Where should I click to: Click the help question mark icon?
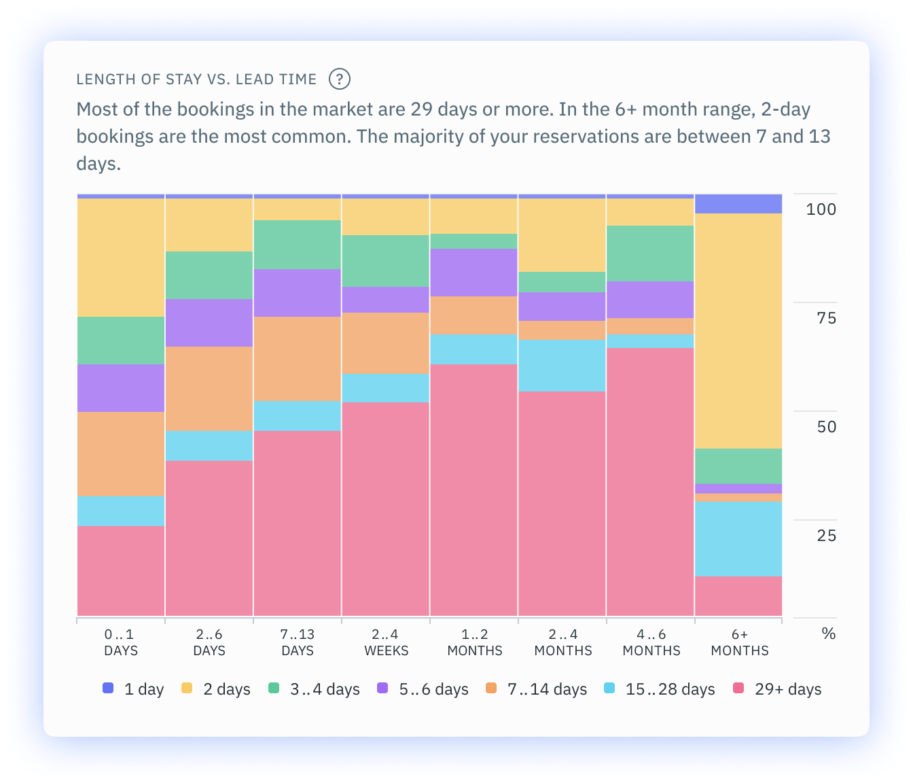click(x=339, y=79)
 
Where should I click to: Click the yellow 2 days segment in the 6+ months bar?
click(x=738, y=330)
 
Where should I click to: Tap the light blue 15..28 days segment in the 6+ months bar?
click(x=738, y=538)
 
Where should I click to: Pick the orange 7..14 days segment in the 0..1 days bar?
click(x=121, y=453)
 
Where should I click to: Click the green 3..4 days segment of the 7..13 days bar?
click(x=298, y=244)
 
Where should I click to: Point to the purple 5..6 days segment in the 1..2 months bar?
click(x=474, y=272)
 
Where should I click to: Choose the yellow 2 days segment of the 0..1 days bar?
click(x=121, y=257)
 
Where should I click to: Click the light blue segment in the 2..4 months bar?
click(x=562, y=365)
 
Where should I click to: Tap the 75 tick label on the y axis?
click(x=826, y=318)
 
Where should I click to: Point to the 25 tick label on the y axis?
click(x=826, y=536)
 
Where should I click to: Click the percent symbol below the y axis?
click(x=828, y=633)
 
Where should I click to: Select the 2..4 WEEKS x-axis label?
click(x=386, y=642)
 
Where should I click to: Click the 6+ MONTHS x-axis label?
click(x=739, y=642)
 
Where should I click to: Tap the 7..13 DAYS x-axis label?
click(x=298, y=642)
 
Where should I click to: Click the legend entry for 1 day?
click(x=134, y=689)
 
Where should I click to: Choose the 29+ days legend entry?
click(x=778, y=689)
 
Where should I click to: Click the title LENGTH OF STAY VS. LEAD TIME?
click(x=196, y=80)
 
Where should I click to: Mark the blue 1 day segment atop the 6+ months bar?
click(x=738, y=204)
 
